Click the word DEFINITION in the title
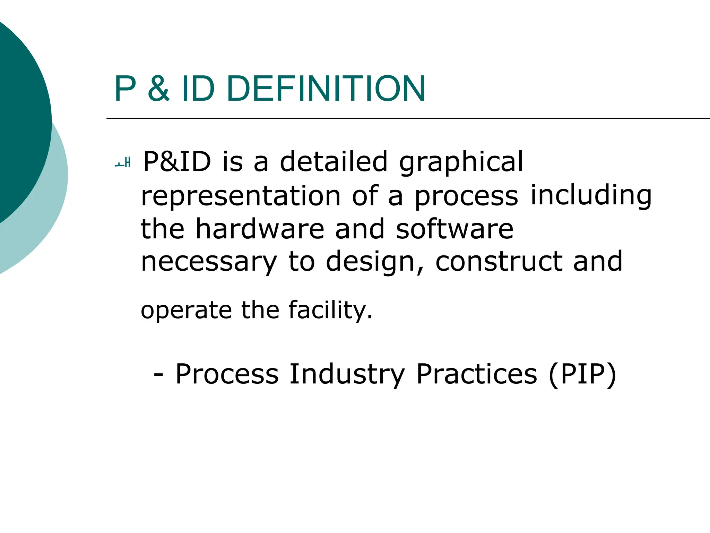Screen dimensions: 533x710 pos(326,89)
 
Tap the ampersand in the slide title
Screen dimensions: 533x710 pos(159,89)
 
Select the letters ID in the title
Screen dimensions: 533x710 pos(198,89)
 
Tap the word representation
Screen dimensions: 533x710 pos(241,196)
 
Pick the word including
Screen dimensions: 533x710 pos(591,196)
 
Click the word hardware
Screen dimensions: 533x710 pos(260,229)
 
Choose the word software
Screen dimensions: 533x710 pos(454,229)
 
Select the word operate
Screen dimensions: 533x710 pos(186,311)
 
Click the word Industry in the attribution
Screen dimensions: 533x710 pos(347,374)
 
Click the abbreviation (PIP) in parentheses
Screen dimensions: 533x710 pos(582,374)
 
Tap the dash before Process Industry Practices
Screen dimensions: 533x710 pos(158,375)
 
